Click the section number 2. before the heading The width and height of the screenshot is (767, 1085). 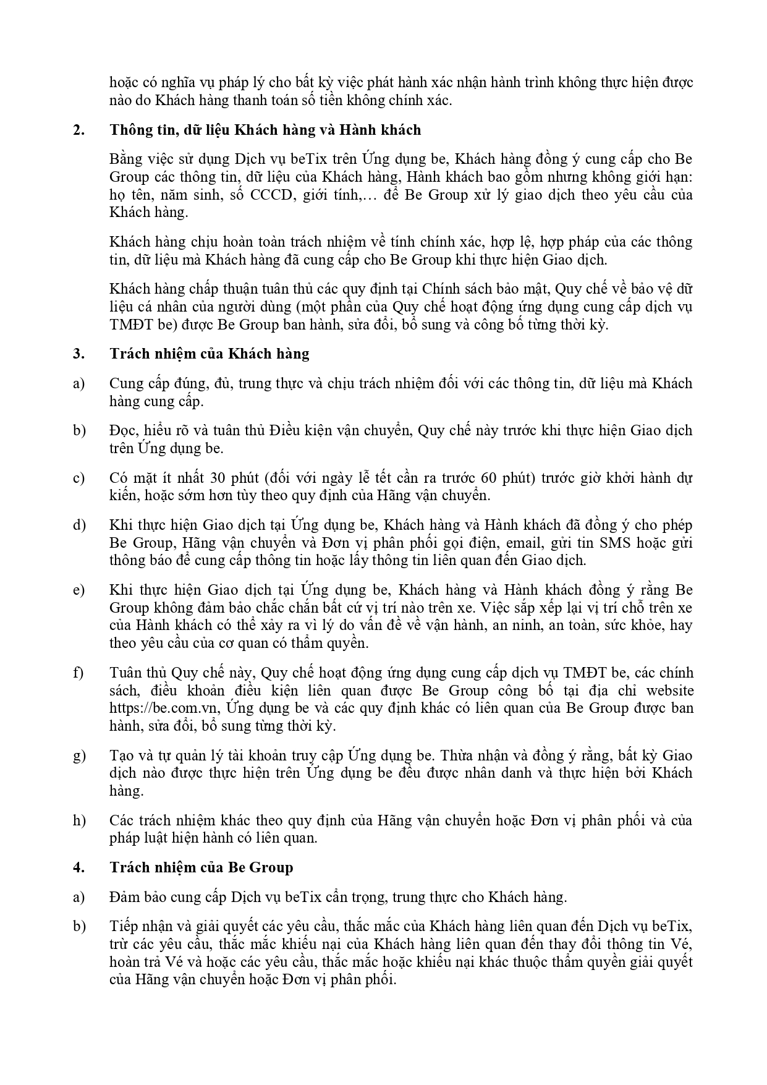(78, 130)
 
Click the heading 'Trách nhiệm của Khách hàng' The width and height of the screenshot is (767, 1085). (210, 354)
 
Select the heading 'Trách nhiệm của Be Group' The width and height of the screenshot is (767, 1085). (201, 867)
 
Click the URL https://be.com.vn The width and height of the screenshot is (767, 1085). (163, 708)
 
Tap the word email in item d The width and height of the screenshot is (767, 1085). (525, 543)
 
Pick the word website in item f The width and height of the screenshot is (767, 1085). (670, 691)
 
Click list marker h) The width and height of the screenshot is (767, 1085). (78, 820)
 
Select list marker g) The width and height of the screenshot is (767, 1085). (78, 755)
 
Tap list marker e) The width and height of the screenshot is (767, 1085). (78, 590)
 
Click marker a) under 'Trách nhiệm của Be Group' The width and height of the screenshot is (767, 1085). (78, 897)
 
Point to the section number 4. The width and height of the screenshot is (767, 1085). (78, 867)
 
